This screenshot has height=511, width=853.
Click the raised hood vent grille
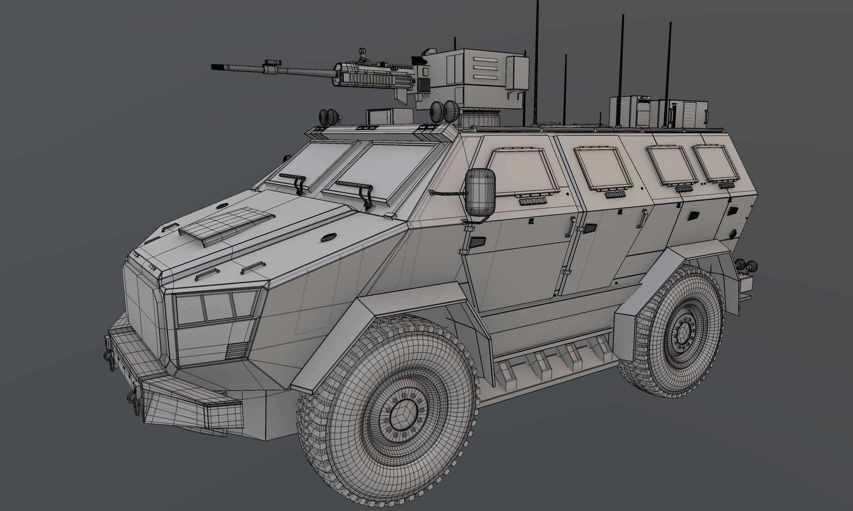[x=227, y=225]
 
